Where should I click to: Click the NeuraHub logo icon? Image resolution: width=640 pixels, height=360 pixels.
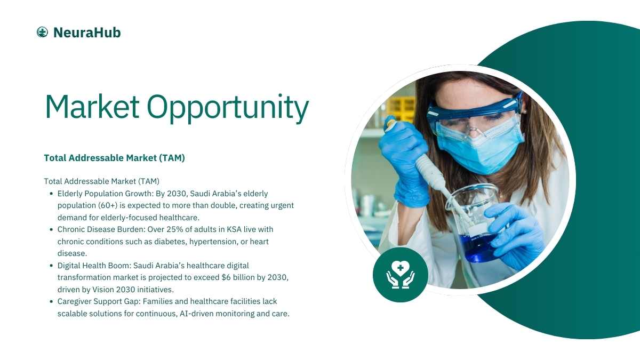[42, 32]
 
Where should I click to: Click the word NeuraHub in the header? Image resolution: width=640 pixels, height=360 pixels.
[87, 33]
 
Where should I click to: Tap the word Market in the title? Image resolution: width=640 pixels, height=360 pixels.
[92, 106]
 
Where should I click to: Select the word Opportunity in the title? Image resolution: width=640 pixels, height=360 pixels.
[228, 108]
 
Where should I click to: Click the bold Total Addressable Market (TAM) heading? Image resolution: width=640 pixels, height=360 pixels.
[114, 158]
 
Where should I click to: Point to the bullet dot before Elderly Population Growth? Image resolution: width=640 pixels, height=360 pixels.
[51, 194]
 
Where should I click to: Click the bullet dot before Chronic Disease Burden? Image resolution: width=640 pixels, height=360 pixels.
[51, 229]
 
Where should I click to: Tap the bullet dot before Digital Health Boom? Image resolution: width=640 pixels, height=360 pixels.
[51, 266]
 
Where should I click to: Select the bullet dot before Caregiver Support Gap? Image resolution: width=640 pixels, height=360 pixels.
[51, 301]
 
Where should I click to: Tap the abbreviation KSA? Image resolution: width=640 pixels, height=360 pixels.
[234, 229]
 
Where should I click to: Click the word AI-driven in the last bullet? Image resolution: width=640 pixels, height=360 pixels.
[196, 314]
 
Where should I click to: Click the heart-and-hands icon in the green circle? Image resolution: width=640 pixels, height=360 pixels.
[401, 275]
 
